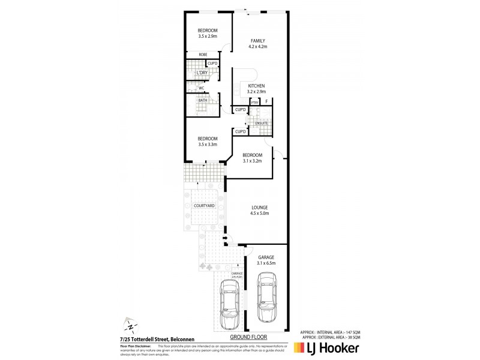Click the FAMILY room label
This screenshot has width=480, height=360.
coord(258,41)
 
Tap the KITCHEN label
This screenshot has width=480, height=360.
coord(256,86)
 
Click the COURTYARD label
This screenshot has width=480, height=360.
coord(204,206)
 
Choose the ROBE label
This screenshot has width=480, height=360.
coord(195,55)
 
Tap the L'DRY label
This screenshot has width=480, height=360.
coord(194,73)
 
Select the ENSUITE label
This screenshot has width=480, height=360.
coord(261,123)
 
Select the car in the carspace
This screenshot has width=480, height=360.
coord(229,305)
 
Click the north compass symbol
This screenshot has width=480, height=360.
coord(128,327)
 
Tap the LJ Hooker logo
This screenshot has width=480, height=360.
coord(326,348)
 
